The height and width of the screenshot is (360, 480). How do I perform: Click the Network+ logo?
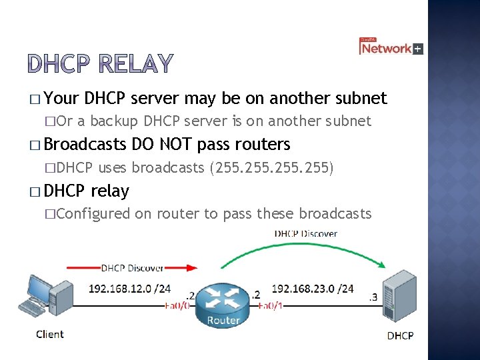tap(391, 47)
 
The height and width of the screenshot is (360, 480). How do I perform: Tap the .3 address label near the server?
tap(374, 297)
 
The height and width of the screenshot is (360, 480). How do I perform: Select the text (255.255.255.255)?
tap(271, 168)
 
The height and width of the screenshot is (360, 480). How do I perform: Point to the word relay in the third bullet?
tap(109, 191)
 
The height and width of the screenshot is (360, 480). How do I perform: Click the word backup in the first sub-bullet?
tap(114, 121)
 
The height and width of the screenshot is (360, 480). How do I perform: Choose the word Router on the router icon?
tap(223, 320)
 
